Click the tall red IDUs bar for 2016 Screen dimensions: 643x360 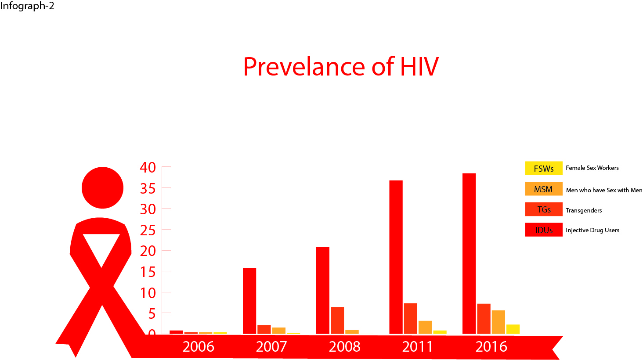[469, 254]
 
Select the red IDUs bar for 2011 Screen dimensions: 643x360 [396, 257]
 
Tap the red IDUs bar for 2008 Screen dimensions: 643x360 [323, 290]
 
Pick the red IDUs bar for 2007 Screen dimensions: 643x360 [249, 301]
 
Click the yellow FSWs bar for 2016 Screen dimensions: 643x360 [513, 329]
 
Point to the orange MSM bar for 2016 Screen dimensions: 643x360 [499, 322]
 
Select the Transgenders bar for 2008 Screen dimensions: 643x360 [337, 320]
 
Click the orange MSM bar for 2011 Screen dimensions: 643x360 [425, 328]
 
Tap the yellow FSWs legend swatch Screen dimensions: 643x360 [544, 168]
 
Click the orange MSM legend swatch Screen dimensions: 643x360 [544, 189]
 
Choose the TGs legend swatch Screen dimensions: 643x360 [544, 209]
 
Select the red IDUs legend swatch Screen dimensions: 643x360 [544, 230]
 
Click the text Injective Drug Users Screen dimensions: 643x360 [592, 230]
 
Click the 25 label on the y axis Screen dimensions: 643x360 [148, 230]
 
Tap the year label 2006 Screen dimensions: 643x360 [199, 346]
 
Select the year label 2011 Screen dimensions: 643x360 [417, 346]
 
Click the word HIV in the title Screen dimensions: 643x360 [419, 67]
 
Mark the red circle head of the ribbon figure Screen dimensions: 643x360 [102, 187]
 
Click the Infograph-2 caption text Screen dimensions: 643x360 [27, 6]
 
